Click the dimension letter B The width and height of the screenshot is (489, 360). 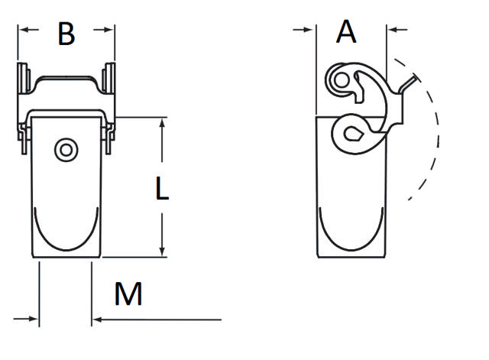(66, 34)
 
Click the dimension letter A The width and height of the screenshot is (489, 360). (347, 32)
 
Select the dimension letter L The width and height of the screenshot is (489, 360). (161, 189)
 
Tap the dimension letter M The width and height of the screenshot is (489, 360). (129, 294)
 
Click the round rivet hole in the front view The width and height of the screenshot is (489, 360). (66, 150)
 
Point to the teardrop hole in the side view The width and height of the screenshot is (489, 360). (351, 135)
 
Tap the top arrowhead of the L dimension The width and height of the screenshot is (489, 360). (162, 123)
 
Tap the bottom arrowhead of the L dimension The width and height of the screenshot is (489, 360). (162, 251)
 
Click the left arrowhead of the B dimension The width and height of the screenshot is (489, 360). (24, 30)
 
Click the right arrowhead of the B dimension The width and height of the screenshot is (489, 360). (110, 30)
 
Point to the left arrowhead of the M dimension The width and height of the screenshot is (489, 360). (34, 318)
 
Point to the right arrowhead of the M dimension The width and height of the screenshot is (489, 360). (97, 318)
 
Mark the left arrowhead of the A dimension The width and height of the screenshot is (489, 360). (310, 30)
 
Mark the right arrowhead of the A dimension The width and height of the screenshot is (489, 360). (393, 30)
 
